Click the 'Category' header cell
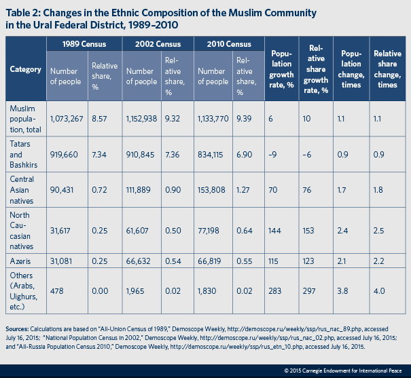(x=25, y=69)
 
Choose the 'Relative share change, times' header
(x=387, y=69)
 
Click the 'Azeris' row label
(x=20, y=261)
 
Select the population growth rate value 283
(x=275, y=291)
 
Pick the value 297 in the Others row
(x=310, y=291)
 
